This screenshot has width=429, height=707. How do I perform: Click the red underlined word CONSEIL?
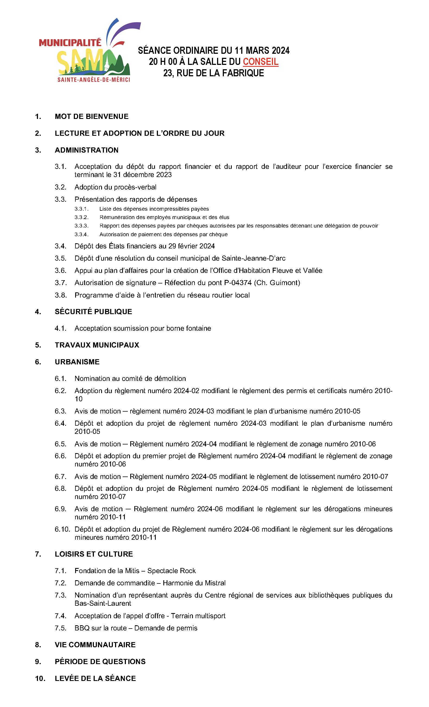tap(260, 62)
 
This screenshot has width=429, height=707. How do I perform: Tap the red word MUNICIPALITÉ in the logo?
tap(70, 43)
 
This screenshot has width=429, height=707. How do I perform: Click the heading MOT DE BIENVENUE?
tap(91, 116)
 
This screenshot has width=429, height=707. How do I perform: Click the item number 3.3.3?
tap(81, 226)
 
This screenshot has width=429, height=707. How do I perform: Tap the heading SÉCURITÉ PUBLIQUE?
tap(93, 312)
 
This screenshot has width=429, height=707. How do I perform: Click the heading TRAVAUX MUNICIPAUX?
tap(97, 345)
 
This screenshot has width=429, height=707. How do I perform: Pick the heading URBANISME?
tap(77, 362)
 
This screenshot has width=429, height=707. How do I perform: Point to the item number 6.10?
tap(62, 529)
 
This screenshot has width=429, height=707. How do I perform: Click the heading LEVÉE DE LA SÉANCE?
tap(95, 678)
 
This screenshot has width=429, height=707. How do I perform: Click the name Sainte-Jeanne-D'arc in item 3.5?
tap(253, 258)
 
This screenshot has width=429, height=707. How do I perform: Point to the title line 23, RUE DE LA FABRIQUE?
tap(214, 73)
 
